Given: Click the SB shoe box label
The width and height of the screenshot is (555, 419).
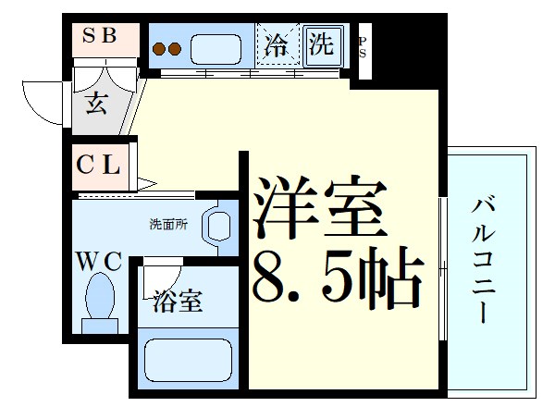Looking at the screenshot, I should [x=101, y=37].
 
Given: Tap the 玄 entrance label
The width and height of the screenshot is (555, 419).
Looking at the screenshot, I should [x=96, y=102].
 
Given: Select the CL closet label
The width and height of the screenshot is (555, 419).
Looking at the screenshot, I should [x=98, y=166].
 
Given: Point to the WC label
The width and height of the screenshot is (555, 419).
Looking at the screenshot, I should [x=99, y=262].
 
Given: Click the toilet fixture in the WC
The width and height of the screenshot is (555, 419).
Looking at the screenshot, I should [x=99, y=302].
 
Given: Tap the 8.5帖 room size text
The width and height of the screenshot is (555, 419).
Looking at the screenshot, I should [x=338, y=276].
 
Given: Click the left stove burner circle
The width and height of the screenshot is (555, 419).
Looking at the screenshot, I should [x=158, y=50].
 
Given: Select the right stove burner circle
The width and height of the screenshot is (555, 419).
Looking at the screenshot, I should [x=173, y=50].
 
